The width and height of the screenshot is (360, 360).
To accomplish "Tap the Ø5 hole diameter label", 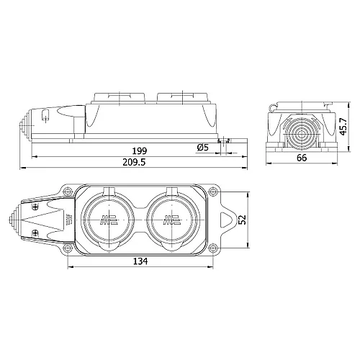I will point(203,148).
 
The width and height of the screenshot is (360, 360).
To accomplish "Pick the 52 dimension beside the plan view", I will point(242,220).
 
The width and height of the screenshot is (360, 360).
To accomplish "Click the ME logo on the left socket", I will point(109,220).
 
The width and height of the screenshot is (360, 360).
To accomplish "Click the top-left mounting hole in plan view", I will point(67,192).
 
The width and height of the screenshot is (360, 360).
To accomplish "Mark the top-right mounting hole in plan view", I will point(212,192).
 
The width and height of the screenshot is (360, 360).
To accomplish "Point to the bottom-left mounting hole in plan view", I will point(67,249).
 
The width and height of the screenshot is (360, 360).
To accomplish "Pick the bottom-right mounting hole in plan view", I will point(212,249).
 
